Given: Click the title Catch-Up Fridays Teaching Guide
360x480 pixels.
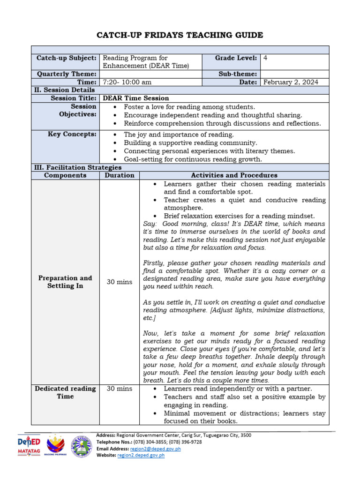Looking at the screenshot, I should pos(180,35).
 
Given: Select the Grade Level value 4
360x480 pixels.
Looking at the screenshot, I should pos(266,58).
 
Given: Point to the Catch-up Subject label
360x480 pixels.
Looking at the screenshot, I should pos(67,58).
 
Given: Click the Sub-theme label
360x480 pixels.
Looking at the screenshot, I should pos(238,74).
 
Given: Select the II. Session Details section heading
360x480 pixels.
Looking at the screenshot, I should pos(64,90).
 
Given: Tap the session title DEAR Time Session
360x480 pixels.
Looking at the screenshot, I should pos(136,98).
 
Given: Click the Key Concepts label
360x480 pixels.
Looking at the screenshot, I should pos(72,134).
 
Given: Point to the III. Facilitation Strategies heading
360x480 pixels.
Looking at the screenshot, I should pos(78,167).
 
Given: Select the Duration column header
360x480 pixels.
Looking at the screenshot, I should pos(119,175).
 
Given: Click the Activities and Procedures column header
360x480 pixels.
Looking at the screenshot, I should pos(234,175).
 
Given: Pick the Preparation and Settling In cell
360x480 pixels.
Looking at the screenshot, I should pos(65,282).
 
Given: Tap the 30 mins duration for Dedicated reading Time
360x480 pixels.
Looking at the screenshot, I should pos(119,389).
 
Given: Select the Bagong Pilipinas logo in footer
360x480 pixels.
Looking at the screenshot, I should pos(55,446).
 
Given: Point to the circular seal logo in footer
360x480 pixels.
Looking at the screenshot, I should pos(82,446).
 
